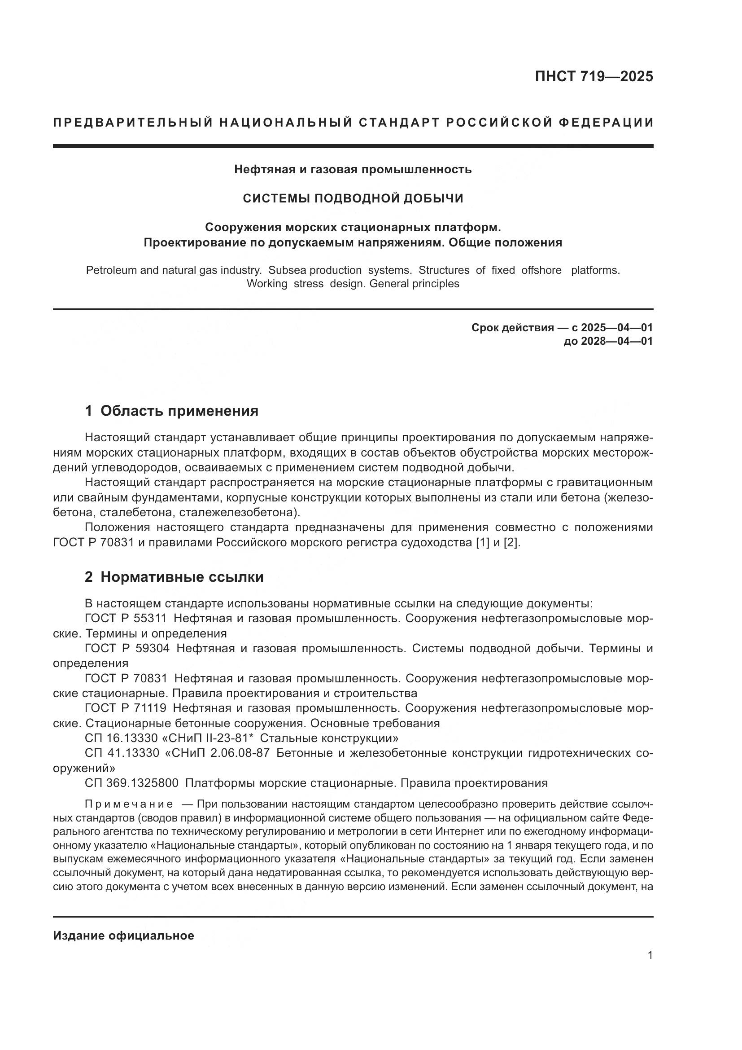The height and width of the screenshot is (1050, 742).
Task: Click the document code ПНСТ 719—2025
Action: coord(594,76)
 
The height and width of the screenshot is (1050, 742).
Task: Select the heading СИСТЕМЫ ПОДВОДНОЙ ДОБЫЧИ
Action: coord(353,198)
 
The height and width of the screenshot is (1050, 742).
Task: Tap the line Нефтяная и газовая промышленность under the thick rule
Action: coord(353,170)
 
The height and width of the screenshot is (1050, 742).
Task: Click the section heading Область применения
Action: coord(179,411)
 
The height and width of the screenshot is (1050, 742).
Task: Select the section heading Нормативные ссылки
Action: coord(182,577)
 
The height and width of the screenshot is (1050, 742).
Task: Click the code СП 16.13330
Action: coord(122,738)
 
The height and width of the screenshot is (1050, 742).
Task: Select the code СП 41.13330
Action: coord(122,753)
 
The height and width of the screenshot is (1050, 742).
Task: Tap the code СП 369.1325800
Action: coord(131,783)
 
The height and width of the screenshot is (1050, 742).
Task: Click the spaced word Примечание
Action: coord(129,804)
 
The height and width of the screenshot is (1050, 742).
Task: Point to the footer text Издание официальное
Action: coord(123,936)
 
